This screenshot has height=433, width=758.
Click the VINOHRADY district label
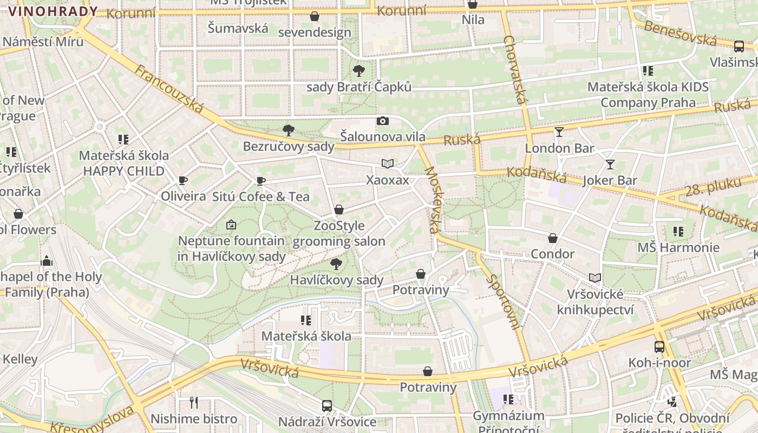pos(53,11)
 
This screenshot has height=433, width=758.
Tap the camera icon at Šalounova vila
pos(382,121)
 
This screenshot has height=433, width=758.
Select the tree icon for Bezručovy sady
pos(288,130)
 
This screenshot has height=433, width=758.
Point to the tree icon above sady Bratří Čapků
pos(358,70)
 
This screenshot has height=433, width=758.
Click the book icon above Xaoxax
pos(387,163)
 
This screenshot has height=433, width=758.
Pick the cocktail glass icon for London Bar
pos(559,132)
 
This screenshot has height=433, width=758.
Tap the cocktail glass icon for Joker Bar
pos(610,164)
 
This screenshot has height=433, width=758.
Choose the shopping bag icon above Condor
pos(553,238)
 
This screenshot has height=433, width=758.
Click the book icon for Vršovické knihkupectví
pos(595,278)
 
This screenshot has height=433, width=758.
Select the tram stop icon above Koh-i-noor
pos(659,346)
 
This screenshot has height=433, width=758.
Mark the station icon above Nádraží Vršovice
pos(327,405)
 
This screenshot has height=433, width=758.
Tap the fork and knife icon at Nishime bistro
pos(194,402)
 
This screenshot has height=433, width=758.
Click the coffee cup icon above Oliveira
pos(183,180)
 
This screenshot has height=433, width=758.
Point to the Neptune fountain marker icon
pos(231,224)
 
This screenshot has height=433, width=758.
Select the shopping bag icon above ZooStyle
pos(339,209)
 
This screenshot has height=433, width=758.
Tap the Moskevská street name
pos(432,200)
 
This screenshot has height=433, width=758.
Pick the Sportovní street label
pos(504,301)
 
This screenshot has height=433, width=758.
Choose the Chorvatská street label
pos(515,69)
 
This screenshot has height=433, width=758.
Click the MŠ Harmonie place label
pos(678,248)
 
